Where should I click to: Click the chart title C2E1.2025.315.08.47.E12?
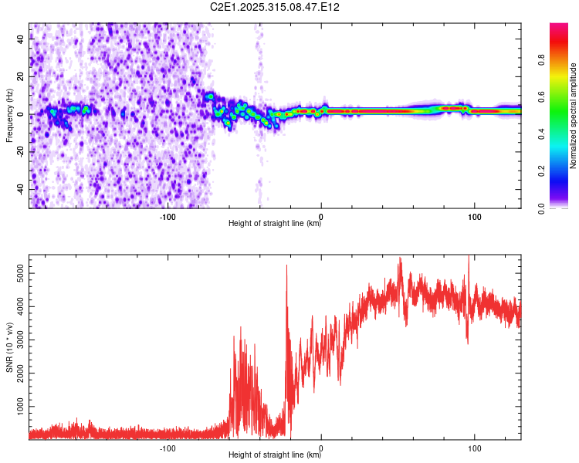point(275,7)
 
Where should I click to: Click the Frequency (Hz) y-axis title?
point(9,116)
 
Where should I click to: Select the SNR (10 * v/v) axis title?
point(9,348)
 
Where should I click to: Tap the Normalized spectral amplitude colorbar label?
point(574,116)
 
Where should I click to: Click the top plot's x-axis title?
point(275,224)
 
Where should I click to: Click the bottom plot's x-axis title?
point(275,455)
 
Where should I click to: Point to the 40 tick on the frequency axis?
point(22,41)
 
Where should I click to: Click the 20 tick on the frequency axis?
point(22,78)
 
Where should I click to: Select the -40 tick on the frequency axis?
point(19,189)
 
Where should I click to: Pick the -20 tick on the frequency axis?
point(19,152)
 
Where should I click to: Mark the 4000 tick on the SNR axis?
point(17,306)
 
